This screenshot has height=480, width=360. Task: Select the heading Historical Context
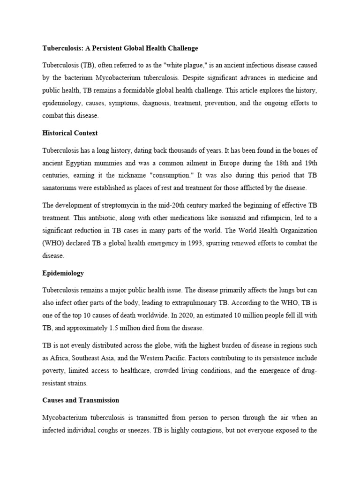pos(70,133)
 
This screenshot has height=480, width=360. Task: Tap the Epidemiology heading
pos(63,273)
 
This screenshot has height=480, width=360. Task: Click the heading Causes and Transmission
pos(80,400)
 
